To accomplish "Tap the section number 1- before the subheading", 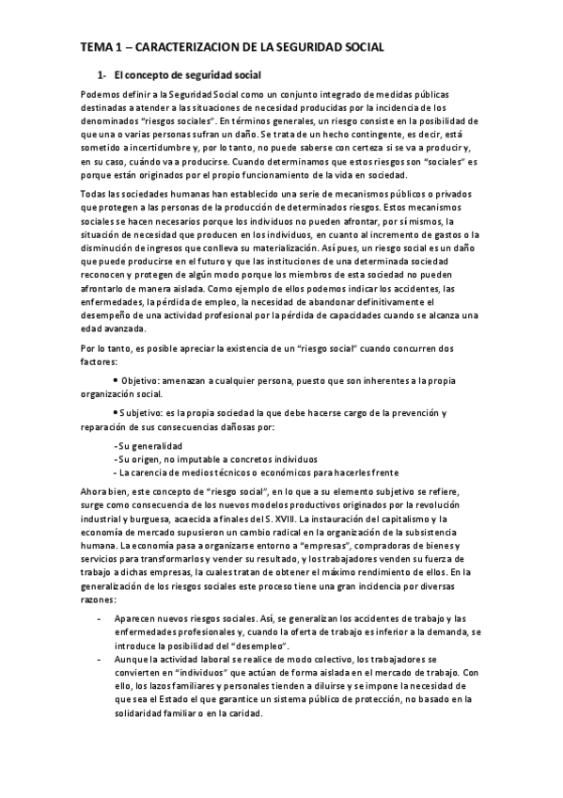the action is (104, 74).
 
